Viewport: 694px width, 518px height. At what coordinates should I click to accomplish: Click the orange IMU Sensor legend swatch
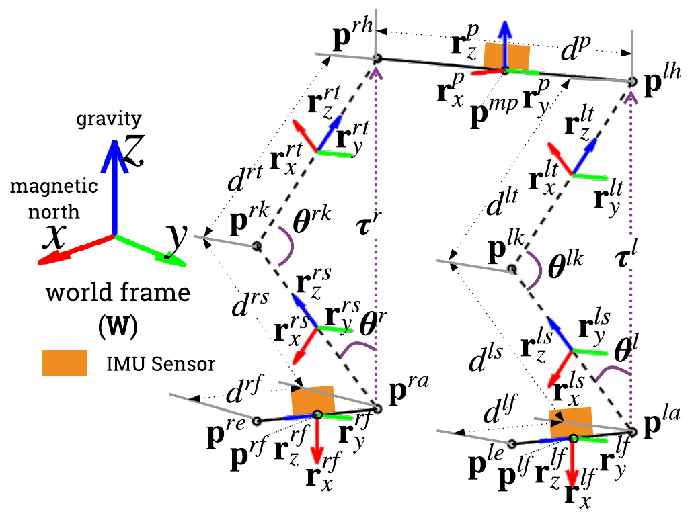(63, 363)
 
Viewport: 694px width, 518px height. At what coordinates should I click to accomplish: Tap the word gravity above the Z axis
(109, 119)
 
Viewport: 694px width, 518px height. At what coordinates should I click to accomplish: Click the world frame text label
(118, 294)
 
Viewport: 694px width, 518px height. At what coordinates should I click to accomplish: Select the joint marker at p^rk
(256, 247)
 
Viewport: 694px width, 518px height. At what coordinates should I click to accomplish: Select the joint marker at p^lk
(512, 269)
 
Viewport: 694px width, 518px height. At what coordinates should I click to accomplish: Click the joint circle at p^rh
(377, 58)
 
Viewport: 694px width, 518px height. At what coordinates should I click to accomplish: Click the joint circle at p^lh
(631, 81)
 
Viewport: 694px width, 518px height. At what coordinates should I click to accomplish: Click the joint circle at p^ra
(377, 408)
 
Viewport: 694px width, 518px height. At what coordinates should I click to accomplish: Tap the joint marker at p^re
(256, 421)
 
